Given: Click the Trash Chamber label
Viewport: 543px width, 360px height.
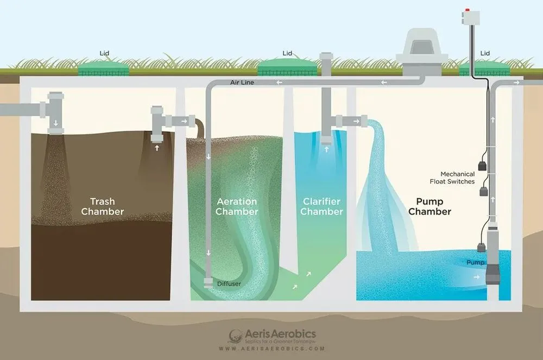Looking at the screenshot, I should coord(103,207).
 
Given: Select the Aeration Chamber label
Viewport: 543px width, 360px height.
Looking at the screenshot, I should coord(236,207).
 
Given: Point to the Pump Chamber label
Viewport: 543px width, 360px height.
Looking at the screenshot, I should coord(430,207).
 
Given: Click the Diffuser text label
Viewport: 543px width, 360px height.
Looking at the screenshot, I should coord(229,283).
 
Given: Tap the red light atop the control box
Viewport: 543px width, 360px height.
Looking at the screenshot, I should coord(468,10).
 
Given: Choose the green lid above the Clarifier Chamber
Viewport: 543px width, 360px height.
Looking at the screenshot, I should coord(287,68).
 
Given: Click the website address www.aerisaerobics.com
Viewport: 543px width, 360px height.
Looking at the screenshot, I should coord(271,349).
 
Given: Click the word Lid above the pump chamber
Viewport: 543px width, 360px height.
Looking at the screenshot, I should coord(485,53).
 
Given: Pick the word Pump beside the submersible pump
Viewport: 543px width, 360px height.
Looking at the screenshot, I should coord(475,263).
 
